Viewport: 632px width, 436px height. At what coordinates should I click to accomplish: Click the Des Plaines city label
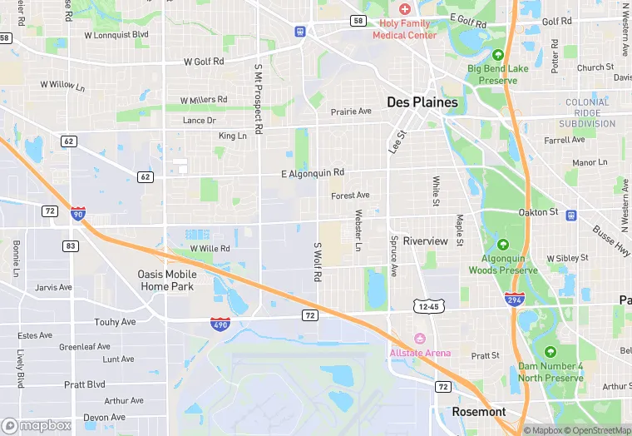point(422,102)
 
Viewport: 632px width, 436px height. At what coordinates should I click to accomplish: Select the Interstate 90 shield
point(77,214)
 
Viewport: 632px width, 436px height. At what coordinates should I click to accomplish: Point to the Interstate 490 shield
point(220,324)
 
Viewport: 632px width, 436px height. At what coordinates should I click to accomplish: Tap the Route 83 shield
point(72,245)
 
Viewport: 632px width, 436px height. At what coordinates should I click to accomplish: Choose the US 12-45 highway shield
point(429,307)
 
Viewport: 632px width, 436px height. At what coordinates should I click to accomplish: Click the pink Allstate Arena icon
point(420,339)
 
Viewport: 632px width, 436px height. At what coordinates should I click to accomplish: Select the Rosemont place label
point(478,412)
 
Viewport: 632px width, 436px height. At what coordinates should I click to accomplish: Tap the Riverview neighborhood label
point(425,241)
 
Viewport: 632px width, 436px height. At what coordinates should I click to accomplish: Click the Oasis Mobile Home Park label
point(167,280)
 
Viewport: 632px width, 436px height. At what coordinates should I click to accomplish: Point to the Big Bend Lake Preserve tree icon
point(498,54)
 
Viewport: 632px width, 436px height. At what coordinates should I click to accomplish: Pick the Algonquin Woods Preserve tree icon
point(503,245)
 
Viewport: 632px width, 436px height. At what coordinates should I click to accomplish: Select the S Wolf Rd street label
point(317,261)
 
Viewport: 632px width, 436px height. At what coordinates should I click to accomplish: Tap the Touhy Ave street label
point(116,322)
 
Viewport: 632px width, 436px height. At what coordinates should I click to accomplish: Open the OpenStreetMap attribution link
point(596,430)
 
